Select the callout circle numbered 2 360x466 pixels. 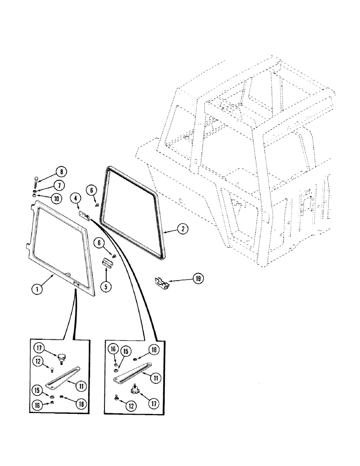tap(183, 229)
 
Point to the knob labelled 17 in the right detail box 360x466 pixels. tap(137, 388)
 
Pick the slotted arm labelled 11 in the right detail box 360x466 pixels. tap(131, 371)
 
